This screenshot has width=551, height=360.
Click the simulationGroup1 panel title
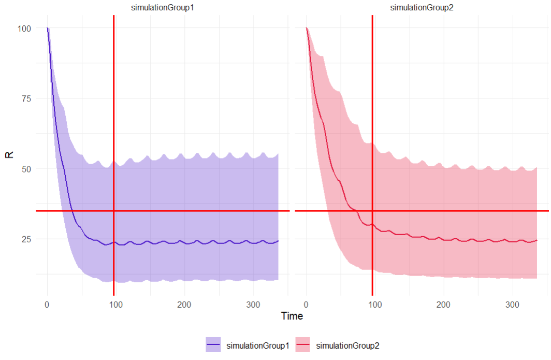pyautogui.click(x=163, y=7)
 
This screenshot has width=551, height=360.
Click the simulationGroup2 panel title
pyautogui.click(x=422, y=7)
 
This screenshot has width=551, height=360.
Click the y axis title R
pyautogui.click(x=9, y=155)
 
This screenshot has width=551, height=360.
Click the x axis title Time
pyautogui.click(x=292, y=316)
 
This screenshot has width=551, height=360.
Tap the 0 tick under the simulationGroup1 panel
pyautogui.click(x=48, y=304)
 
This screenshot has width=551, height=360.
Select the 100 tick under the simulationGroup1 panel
pyautogui.click(x=116, y=304)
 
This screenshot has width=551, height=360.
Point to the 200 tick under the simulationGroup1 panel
pyautogui.click(x=184, y=304)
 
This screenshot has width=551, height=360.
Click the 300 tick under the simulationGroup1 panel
pyautogui.click(x=253, y=304)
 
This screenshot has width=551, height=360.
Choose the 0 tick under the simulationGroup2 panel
pyautogui.click(x=307, y=304)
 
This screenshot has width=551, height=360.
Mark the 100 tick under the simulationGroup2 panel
pyautogui.click(x=375, y=304)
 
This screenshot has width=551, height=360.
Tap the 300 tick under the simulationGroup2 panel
pyautogui.click(x=512, y=304)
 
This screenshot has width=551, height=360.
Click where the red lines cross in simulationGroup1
pyautogui.click(x=113, y=211)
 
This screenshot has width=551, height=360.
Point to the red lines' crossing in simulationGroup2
pyautogui.click(x=372, y=211)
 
